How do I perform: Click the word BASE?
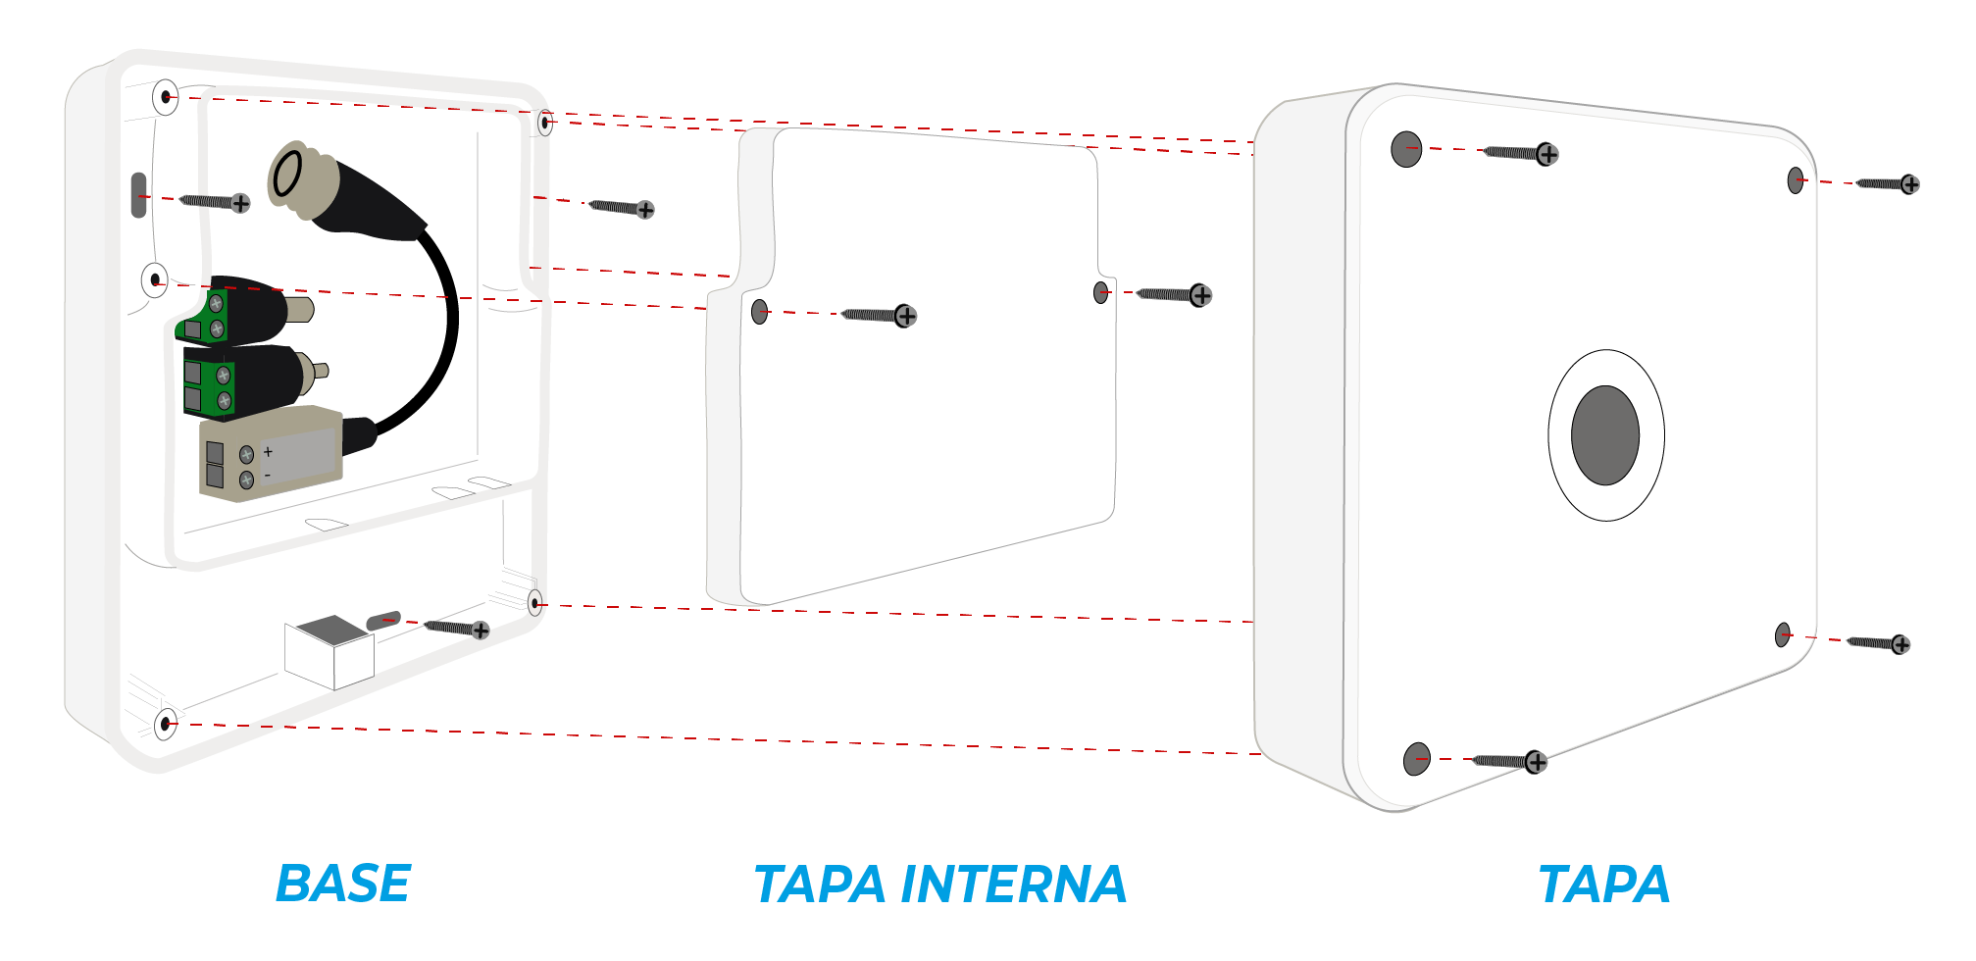pyautogui.click(x=343, y=884)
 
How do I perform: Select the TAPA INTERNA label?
pyautogui.click(x=940, y=884)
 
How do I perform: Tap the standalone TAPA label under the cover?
pyautogui.click(x=1604, y=884)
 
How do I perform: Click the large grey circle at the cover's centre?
pyautogui.click(x=1605, y=435)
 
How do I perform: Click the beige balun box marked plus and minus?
pyautogui.click(x=271, y=454)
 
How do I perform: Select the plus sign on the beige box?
pyautogui.click(x=268, y=452)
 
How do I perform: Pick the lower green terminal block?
pyautogui.click(x=209, y=385)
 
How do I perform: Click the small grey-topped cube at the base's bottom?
pyautogui.click(x=329, y=652)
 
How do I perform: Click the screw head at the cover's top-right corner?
pyautogui.click(x=1909, y=184)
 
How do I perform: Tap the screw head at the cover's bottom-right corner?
pyautogui.click(x=1900, y=644)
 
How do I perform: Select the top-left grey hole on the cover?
pyautogui.click(x=1406, y=149)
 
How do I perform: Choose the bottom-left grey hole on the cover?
pyautogui.click(x=1417, y=759)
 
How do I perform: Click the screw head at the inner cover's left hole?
pyautogui.click(x=906, y=316)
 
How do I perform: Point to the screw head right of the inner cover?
pyautogui.click(x=1200, y=295)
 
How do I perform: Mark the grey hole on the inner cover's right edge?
pyautogui.click(x=1100, y=292)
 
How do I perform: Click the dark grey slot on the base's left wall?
pyautogui.click(x=138, y=195)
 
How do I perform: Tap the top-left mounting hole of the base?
pyautogui.click(x=166, y=97)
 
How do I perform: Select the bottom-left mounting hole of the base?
pyautogui.click(x=166, y=725)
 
